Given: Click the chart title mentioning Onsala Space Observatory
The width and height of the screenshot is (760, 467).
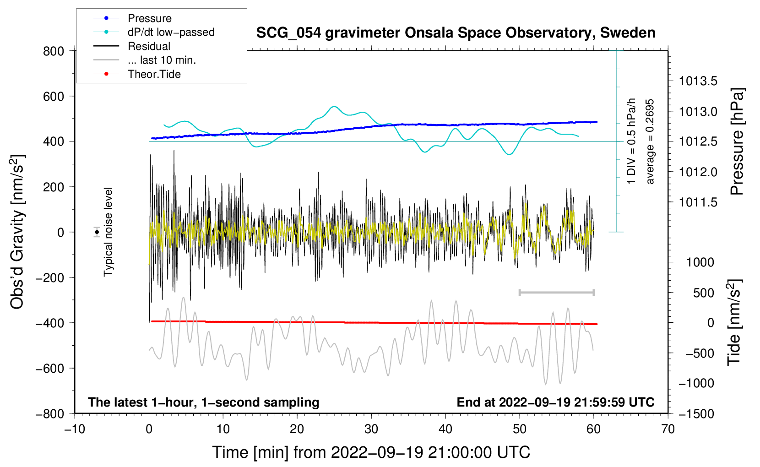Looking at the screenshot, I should tap(456, 33).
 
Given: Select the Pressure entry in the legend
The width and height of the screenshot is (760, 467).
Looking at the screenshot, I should tap(149, 18).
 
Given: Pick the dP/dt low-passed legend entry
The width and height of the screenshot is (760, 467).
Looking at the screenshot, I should tap(171, 32).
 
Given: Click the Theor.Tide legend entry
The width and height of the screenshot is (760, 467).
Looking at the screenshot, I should tap(154, 74).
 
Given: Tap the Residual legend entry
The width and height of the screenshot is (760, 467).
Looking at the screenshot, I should tap(149, 46).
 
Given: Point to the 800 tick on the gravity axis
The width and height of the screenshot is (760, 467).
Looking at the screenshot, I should tap(54, 51).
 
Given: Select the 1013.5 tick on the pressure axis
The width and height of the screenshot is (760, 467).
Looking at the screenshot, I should tap(698, 81).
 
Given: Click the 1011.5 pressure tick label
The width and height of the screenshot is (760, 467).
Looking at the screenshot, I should tap(698, 202).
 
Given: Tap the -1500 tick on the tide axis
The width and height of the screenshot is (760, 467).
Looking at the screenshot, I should tap(696, 413).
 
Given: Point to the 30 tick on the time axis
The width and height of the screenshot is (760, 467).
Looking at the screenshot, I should tap(371, 429).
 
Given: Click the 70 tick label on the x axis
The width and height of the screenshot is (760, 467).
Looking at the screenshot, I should tap(668, 429).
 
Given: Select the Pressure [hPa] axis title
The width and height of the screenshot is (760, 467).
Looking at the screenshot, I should tap(737, 141).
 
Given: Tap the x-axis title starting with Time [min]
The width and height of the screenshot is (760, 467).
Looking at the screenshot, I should tap(371, 452).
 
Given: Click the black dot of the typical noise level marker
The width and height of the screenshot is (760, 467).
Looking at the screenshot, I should tap(97, 232).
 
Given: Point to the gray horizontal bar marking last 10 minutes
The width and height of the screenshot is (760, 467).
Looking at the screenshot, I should tap(556, 292).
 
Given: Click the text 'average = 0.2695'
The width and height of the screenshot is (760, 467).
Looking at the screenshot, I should tap(650, 141).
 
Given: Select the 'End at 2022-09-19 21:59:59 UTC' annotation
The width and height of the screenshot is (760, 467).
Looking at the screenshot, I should tap(555, 402).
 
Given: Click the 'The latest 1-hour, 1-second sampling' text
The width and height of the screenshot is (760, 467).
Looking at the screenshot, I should tap(203, 402).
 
